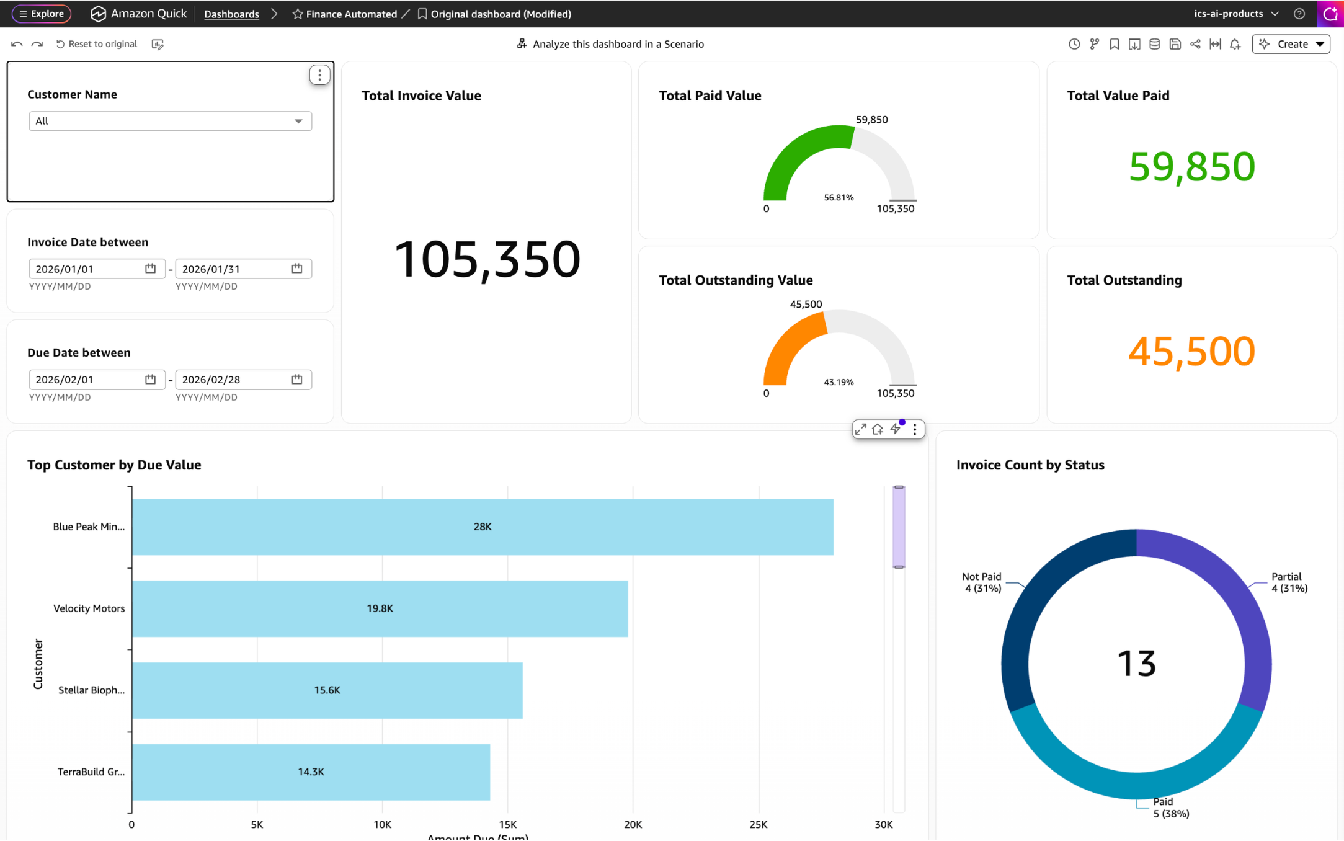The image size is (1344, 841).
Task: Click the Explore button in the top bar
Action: pyautogui.click(x=42, y=14)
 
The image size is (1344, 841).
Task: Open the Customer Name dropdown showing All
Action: pyautogui.click(x=170, y=121)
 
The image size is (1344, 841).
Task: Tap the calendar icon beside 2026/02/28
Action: pyautogui.click(x=297, y=379)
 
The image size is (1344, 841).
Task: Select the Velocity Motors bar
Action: pyautogui.click(x=380, y=608)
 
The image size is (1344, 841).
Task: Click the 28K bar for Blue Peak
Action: pyautogui.click(x=483, y=527)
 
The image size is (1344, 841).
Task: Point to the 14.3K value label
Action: pyautogui.click(x=311, y=772)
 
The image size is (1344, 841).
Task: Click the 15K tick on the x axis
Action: pyautogui.click(x=507, y=824)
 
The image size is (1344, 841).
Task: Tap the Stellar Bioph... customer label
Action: pyautogui.click(x=91, y=690)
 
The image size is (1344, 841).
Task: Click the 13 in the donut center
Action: pyautogui.click(x=1136, y=663)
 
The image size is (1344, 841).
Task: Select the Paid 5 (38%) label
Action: pyautogui.click(x=1170, y=808)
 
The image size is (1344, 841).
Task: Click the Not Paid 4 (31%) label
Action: pyautogui.click(x=982, y=582)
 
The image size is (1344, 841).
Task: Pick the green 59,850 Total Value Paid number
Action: pyautogui.click(x=1191, y=166)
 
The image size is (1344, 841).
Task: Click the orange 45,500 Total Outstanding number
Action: pyautogui.click(x=1191, y=351)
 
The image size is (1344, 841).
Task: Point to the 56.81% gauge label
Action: pyautogui.click(x=839, y=197)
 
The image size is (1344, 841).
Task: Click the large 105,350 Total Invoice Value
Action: pyautogui.click(x=487, y=259)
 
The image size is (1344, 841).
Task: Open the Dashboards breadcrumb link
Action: pyautogui.click(x=231, y=14)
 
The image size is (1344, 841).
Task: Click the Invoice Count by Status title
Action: pyautogui.click(x=1030, y=465)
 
